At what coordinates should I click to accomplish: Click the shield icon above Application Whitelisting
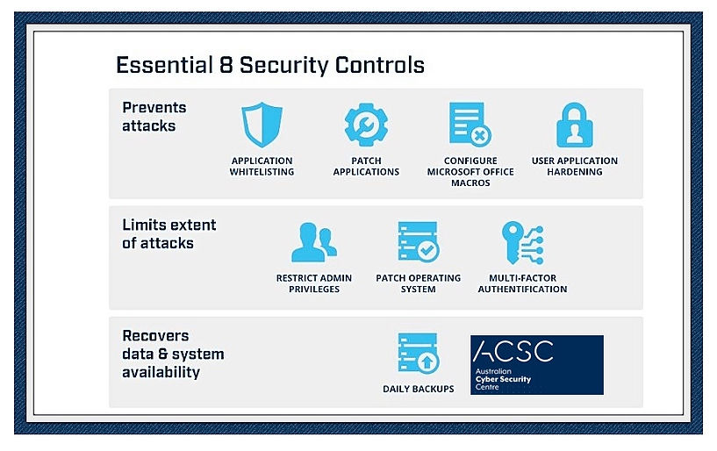click(x=262, y=125)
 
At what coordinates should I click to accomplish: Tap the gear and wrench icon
click(x=366, y=125)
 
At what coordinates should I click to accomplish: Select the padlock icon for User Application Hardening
click(x=574, y=125)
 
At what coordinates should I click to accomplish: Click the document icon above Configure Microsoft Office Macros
click(x=470, y=125)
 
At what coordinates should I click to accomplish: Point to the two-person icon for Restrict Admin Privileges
click(x=314, y=242)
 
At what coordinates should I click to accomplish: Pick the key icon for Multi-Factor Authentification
click(x=522, y=243)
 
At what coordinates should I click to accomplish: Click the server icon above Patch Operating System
click(x=418, y=241)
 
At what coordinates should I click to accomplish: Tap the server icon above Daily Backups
click(x=418, y=353)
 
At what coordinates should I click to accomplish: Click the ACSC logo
click(x=537, y=364)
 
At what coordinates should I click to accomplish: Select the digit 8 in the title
click(x=226, y=65)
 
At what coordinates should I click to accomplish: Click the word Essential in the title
click(x=164, y=65)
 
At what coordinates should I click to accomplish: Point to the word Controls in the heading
click(x=379, y=65)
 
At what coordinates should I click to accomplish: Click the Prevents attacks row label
click(x=154, y=117)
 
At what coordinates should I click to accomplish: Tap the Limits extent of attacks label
click(x=169, y=233)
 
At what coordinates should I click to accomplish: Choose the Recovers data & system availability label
click(x=173, y=354)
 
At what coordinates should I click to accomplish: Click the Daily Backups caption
click(x=419, y=389)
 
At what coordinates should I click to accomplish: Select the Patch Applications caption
click(x=366, y=166)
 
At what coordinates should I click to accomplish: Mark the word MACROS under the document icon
click(x=470, y=183)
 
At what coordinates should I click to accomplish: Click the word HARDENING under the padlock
click(x=575, y=172)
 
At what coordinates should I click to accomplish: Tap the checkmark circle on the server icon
click(x=428, y=250)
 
